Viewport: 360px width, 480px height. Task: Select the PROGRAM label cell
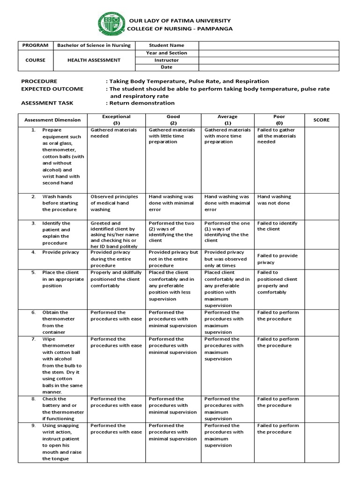pyautogui.click(x=36, y=45)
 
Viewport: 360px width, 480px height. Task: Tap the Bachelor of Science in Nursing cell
pyautogui.click(x=94, y=45)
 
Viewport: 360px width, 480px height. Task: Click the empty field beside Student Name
pyautogui.click(x=269, y=45)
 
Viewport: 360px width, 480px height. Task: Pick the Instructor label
pyautogui.click(x=167, y=60)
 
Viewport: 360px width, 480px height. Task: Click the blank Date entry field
pyautogui.click(x=269, y=67)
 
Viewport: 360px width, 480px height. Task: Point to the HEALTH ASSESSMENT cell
pyautogui.click(x=94, y=60)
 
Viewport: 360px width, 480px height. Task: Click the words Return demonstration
pyautogui.click(x=142, y=103)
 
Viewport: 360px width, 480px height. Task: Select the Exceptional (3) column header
pyautogui.click(x=116, y=120)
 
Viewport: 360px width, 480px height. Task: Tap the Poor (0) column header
pyautogui.click(x=279, y=120)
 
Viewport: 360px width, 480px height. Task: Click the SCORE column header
pyautogui.click(x=321, y=120)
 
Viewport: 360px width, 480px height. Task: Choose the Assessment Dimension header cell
pyautogui.click(x=52, y=120)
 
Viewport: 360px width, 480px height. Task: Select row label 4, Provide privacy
pyautogui.click(x=58, y=252)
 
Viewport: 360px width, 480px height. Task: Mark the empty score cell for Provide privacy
pyautogui.click(x=321, y=259)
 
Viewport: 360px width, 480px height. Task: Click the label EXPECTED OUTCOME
pyautogui.click(x=52, y=89)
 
